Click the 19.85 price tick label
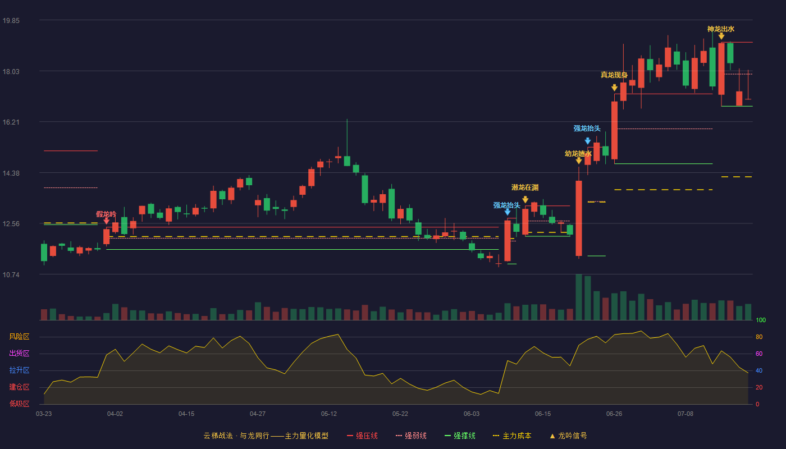point(11,21)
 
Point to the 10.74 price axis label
point(11,275)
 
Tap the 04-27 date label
point(258,414)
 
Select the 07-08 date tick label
point(686,414)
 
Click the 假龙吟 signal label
point(106,214)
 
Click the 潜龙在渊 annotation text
point(525,187)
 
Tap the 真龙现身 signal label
point(614,75)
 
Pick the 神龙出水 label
point(721,29)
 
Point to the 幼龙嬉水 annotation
point(578,154)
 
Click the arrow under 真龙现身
point(614,88)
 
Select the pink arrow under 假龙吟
point(106,221)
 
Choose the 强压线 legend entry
point(362,436)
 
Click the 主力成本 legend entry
point(512,436)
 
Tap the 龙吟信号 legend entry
point(568,436)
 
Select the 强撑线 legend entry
point(460,436)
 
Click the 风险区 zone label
point(19,337)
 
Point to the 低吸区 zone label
point(19,404)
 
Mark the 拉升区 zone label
point(19,370)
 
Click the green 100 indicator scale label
point(761,320)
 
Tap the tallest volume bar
point(579,297)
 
